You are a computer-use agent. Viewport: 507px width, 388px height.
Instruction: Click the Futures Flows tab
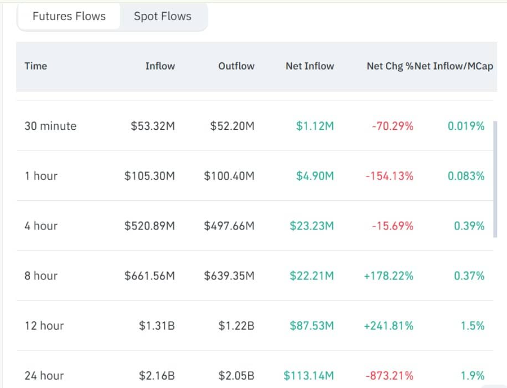69,16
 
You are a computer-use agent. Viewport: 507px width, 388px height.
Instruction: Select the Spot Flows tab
163,16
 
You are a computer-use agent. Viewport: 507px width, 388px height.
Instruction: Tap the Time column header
36,66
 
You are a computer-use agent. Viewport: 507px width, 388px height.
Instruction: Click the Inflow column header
160,66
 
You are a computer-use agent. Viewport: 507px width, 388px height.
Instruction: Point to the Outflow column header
236,66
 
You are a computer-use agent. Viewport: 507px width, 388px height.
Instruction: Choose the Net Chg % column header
390,66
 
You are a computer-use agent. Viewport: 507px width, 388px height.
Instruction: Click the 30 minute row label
50,126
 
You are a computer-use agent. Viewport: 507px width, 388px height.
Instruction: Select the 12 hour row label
45,326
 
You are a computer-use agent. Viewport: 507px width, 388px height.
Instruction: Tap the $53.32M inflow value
153,126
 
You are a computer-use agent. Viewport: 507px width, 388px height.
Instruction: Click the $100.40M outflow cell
229,176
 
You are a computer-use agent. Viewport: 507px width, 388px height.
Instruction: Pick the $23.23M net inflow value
312,226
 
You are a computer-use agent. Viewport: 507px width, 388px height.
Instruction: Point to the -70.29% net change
393,126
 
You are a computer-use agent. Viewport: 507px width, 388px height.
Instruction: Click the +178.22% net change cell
389,275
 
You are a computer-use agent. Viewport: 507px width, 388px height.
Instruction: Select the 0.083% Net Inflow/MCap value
466,176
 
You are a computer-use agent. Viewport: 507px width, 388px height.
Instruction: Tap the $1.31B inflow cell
157,326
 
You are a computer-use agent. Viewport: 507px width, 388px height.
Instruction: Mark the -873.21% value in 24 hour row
389,376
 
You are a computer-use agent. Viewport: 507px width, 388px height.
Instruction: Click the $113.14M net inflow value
309,376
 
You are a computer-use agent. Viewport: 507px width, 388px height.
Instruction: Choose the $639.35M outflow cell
229,275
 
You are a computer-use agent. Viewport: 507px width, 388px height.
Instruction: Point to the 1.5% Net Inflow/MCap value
472,326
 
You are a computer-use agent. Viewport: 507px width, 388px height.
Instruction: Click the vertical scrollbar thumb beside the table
495,180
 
